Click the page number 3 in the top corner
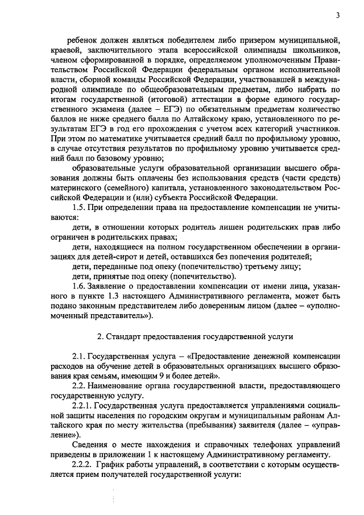tap(337, 15)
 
